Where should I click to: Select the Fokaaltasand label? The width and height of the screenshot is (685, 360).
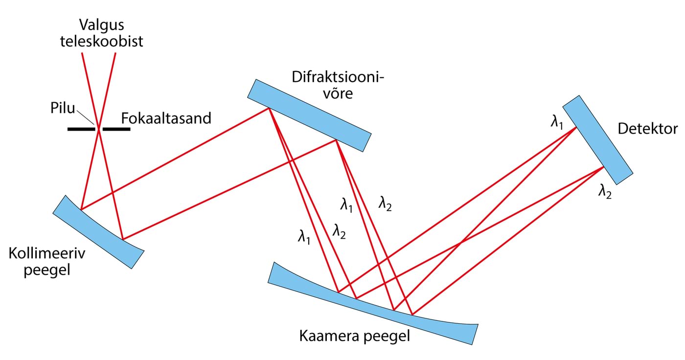(166, 118)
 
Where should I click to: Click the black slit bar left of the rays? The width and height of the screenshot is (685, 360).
(81, 129)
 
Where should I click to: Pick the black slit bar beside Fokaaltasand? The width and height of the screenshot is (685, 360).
(116, 129)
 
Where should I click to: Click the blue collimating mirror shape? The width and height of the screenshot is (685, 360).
(98, 232)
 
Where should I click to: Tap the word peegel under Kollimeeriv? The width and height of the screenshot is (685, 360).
(47, 270)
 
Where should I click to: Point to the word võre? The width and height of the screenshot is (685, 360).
(338, 93)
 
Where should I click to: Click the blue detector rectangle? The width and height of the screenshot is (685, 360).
(597, 140)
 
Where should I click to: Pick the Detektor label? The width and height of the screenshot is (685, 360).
(647, 129)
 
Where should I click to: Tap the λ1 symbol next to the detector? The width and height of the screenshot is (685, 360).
(556, 122)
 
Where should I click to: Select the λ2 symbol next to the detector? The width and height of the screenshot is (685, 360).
(605, 192)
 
